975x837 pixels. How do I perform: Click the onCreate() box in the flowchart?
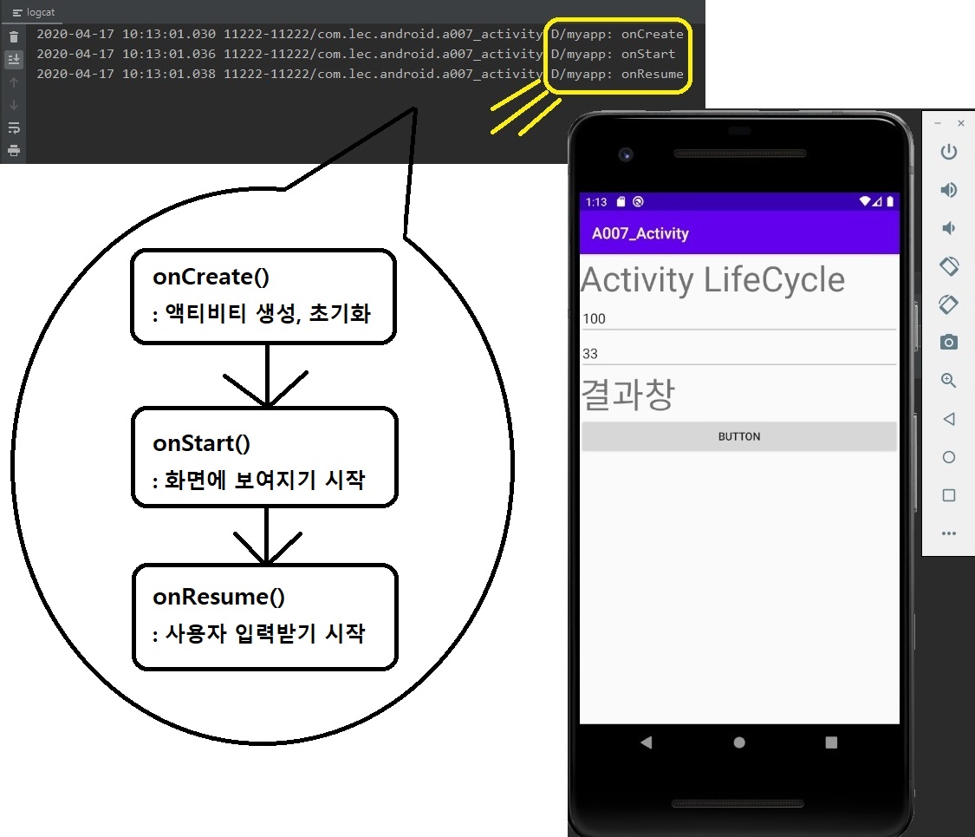(x=263, y=296)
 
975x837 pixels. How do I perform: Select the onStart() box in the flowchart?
(x=264, y=457)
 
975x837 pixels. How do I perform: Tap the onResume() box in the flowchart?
(x=264, y=617)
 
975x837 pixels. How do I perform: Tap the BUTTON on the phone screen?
(x=738, y=436)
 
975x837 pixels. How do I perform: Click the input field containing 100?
(x=738, y=319)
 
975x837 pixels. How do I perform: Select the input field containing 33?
(x=738, y=354)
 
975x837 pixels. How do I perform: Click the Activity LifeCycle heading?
(x=712, y=280)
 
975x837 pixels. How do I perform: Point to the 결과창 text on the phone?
(x=627, y=395)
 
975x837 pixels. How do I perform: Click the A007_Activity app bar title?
(x=640, y=233)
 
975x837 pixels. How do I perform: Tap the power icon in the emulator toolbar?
(x=949, y=153)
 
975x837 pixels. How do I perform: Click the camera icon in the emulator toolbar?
(x=949, y=342)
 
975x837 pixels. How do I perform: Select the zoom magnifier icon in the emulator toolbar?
(x=949, y=381)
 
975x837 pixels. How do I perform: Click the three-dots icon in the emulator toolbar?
(x=949, y=533)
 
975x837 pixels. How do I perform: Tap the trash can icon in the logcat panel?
(x=13, y=37)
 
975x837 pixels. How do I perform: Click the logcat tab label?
(x=34, y=13)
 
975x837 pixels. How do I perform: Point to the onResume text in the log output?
(x=652, y=75)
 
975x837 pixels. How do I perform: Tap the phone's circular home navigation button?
(x=738, y=742)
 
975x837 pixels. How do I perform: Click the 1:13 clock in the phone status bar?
(x=596, y=202)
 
